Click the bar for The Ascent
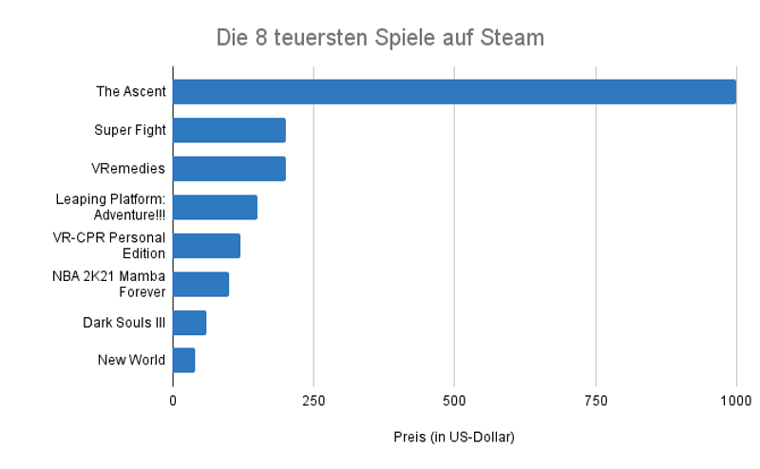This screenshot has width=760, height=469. [x=454, y=92]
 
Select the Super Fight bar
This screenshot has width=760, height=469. [x=229, y=130]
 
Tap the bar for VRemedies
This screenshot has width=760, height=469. [x=229, y=169]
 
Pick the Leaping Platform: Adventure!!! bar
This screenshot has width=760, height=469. [x=215, y=207]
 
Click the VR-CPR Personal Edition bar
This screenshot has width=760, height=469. [x=206, y=245]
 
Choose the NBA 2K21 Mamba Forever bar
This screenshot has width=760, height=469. [x=200, y=284]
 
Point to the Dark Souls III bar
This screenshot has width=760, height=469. [x=189, y=322]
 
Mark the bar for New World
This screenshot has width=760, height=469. [x=183, y=361]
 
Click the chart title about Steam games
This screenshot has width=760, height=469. [x=380, y=38]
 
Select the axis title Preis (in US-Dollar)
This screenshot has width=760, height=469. [x=453, y=437]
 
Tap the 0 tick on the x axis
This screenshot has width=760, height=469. [x=173, y=402]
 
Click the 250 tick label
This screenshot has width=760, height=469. [x=313, y=402]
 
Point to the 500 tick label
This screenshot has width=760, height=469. [x=454, y=402]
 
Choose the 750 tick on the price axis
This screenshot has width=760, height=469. [x=596, y=402]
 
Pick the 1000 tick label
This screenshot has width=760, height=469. [x=735, y=402]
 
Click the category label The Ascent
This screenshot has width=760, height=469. [x=131, y=92]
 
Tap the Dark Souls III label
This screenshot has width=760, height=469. [x=124, y=323]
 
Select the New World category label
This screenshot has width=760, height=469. [x=131, y=361]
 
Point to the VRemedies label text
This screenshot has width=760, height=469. [x=128, y=169]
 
